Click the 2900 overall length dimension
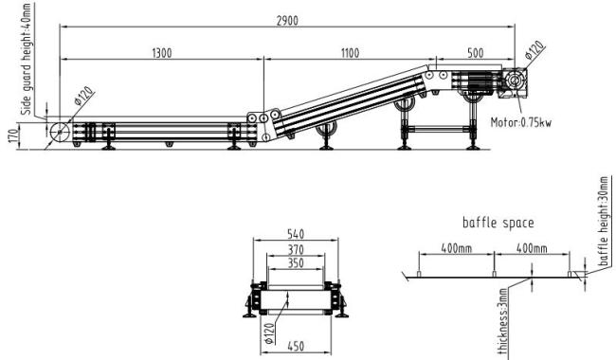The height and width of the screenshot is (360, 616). coord(287,21)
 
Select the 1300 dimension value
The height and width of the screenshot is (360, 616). coord(162,53)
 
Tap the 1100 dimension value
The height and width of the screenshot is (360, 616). coord(350,53)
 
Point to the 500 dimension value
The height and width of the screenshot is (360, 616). coord(476,53)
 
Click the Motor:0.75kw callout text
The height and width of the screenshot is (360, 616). coord(521,122)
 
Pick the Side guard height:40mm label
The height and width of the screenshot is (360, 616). coord(26,60)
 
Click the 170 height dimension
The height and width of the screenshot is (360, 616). coord(13,135)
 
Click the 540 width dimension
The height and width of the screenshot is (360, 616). coord(296,234)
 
